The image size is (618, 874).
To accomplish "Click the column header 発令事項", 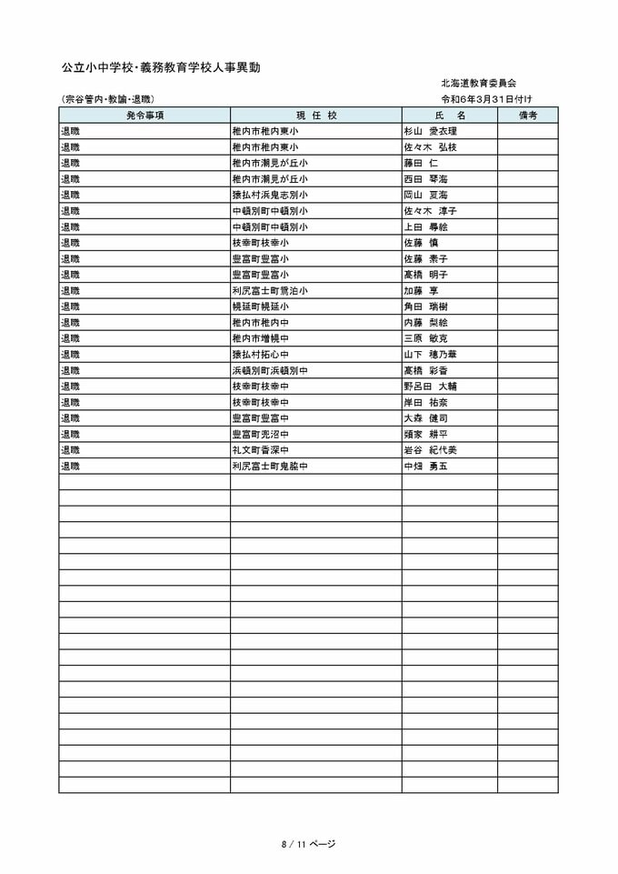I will (145, 116).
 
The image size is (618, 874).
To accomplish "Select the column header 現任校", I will (315, 116).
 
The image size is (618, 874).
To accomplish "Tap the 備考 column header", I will (527, 116).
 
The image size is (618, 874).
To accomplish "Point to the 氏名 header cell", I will (449, 116).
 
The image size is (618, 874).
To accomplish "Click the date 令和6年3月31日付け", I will (486, 98).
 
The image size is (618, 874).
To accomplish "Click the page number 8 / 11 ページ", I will (308, 844).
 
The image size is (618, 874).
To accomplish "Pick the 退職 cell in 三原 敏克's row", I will (71, 338).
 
